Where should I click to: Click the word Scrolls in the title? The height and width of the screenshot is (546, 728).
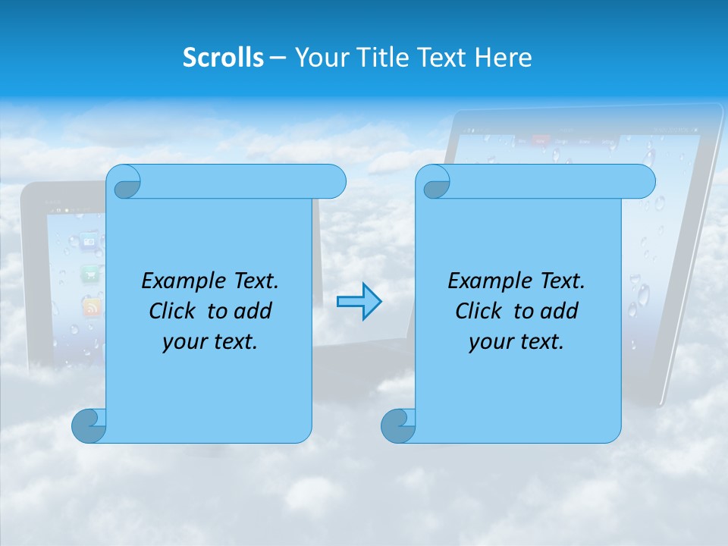(x=224, y=57)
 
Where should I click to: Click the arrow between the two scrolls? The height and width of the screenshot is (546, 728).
(x=359, y=302)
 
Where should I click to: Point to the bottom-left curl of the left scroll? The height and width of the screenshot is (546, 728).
(x=89, y=426)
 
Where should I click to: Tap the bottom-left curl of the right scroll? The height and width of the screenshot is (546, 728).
(x=397, y=426)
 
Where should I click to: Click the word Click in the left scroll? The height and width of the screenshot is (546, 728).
(x=173, y=311)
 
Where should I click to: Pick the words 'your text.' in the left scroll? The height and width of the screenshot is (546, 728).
(x=210, y=342)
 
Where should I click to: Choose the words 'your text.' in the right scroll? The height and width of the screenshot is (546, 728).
(x=516, y=342)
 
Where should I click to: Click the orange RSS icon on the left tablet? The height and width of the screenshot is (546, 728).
(x=92, y=307)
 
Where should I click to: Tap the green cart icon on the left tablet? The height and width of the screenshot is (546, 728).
(x=91, y=272)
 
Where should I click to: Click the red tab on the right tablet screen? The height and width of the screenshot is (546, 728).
(x=541, y=140)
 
